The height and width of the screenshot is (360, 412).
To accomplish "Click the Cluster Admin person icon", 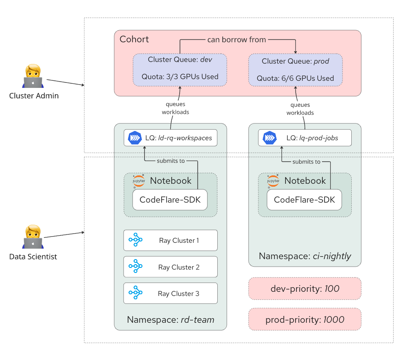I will tap(33, 77).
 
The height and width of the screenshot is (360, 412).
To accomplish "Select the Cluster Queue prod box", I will tap(295, 69).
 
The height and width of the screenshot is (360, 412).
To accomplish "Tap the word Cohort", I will tap(134, 39).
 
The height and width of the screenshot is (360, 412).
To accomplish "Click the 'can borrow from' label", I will tap(237, 40).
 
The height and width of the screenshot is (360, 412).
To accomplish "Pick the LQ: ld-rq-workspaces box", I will tap(170, 138).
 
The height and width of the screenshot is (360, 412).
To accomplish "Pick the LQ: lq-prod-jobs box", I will tap(304, 138).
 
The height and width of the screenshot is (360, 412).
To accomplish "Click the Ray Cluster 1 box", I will tap(170, 240).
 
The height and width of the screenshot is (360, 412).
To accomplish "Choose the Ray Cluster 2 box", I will tap(170, 267).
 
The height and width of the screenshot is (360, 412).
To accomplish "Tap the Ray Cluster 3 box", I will tap(170, 293).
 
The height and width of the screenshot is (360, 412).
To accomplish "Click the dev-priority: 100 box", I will tap(304, 288).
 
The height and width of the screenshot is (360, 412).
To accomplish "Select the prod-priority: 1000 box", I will tap(304, 320).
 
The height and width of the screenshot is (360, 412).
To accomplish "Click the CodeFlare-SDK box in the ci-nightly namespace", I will tap(304, 200).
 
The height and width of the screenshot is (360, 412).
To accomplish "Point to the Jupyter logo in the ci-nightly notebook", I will tap(273, 181).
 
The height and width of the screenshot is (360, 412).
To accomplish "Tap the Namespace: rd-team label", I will tap(170, 320).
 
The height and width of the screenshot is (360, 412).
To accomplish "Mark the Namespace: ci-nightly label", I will tap(305, 256).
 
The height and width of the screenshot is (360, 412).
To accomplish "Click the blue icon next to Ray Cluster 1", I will tap(136, 240).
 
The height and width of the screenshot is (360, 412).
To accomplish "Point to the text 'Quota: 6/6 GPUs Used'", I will tap(295, 78).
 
